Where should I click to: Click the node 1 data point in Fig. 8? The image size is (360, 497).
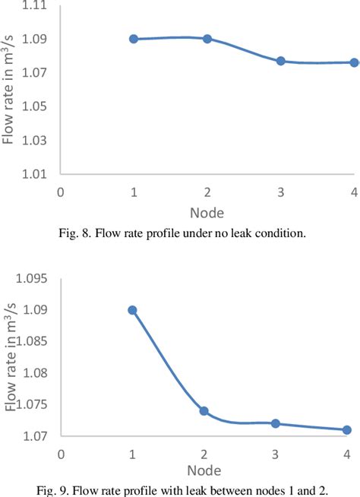134,39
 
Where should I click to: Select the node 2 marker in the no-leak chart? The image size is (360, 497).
207,39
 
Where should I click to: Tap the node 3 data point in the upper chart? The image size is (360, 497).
280,61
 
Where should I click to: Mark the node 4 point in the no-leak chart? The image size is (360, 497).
354,62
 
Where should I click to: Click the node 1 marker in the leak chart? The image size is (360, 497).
133,310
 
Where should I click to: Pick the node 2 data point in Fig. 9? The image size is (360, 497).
204,411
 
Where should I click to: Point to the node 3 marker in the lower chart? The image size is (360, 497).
275,423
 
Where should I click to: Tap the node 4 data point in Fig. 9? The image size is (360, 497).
346,430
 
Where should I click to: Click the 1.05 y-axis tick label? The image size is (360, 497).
37,107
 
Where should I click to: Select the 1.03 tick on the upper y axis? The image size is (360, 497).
37,141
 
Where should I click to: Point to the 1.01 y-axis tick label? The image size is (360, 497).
37,174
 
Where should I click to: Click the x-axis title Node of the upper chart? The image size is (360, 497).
207,214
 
